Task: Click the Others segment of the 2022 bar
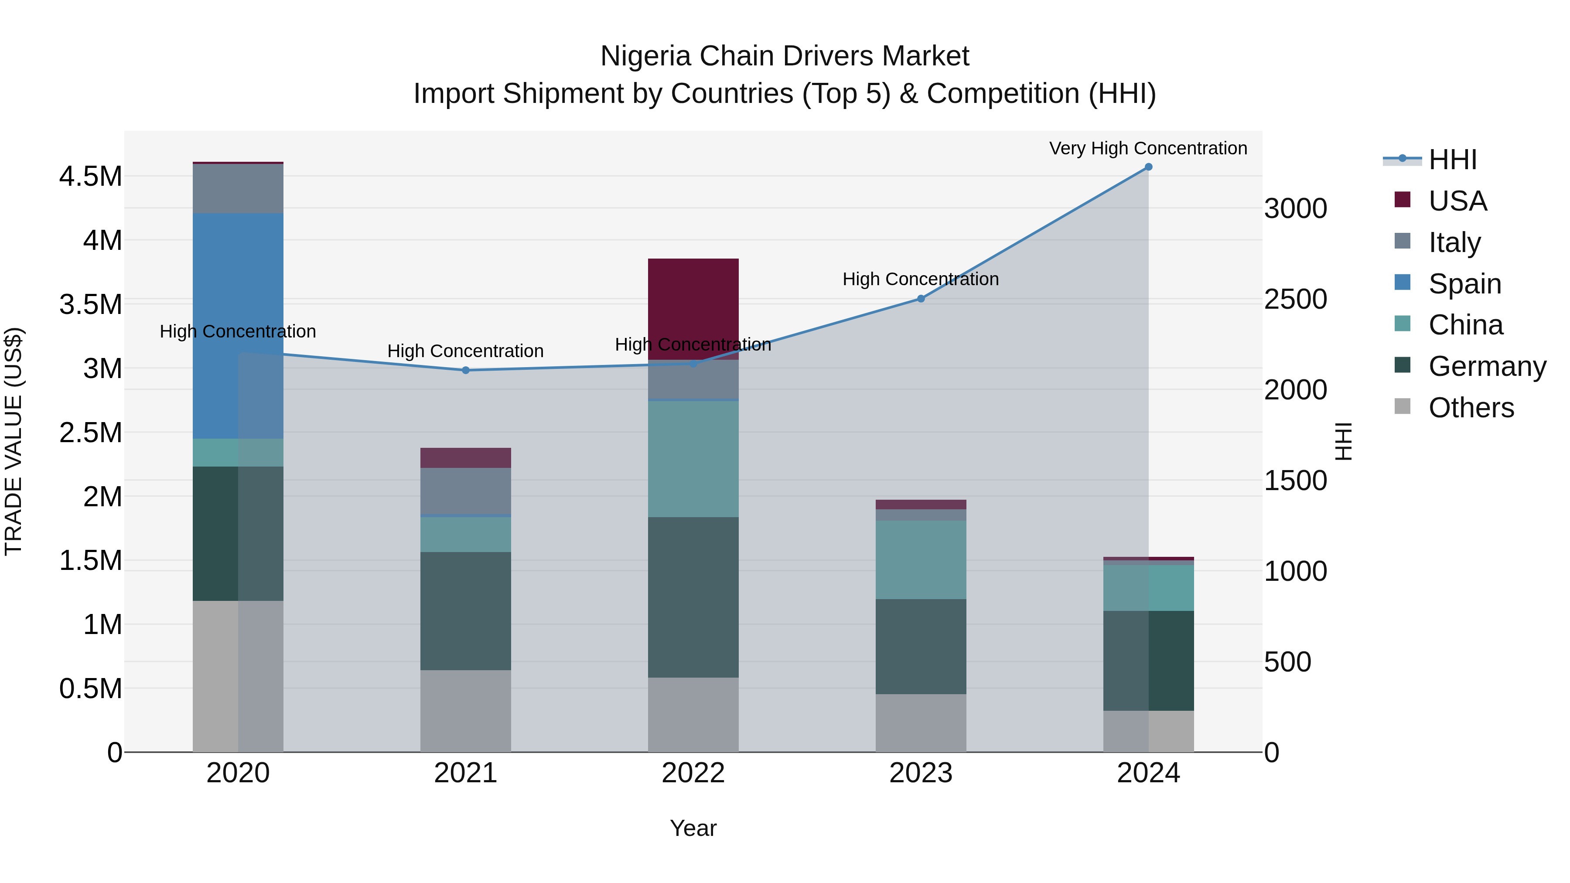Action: [x=693, y=714]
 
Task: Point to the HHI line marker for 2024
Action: [x=1148, y=167]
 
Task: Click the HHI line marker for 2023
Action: [x=921, y=299]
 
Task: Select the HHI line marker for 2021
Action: [x=466, y=370]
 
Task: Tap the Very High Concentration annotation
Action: [x=1148, y=148]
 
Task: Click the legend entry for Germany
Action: [x=1487, y=366]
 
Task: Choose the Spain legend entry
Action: [x=1464, y=284]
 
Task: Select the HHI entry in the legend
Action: [x=1452, y=160]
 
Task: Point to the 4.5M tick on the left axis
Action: [x=90, y=177]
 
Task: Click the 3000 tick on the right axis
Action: [x=1295, y=208]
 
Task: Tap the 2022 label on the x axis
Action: [x=693, y=773]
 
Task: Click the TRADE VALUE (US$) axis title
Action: [x=14, y=441]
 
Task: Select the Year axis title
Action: [x=693, y=828]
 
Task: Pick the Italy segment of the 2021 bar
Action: [x=466, y=491]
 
